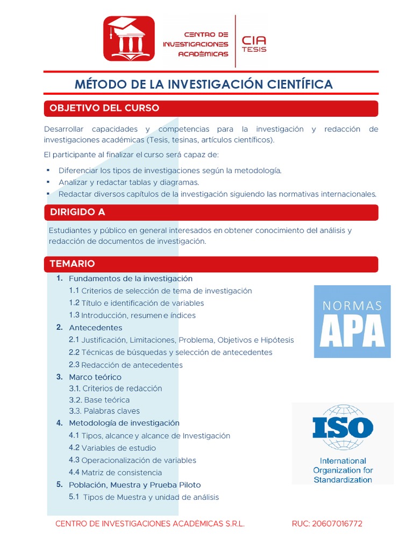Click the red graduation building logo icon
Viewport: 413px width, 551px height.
[x=129, y=38]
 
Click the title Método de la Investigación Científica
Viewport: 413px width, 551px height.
[x=203, y=84]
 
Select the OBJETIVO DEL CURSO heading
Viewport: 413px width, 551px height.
[x=104, y=108]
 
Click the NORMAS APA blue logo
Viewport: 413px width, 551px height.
[x=352, y=322]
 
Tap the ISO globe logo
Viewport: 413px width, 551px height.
[x=343, y=427]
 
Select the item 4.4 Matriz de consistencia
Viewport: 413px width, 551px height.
[x=115, y=472]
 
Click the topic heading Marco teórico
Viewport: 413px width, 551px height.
[x=95, y=377]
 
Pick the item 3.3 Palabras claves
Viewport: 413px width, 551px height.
[x=104, y=411]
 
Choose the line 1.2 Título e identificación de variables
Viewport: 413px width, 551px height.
[x=136, y=303]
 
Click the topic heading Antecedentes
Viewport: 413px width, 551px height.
[x=95, y=328]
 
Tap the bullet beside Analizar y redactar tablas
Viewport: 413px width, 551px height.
[x=48, y=182]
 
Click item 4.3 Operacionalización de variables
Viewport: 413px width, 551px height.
[x=132, y=460]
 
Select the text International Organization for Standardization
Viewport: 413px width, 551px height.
[x=343, y=470]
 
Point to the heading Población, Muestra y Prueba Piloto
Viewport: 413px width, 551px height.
[x=134, y=485]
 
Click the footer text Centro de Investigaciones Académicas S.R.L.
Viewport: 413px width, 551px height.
[x=150, y=524]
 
